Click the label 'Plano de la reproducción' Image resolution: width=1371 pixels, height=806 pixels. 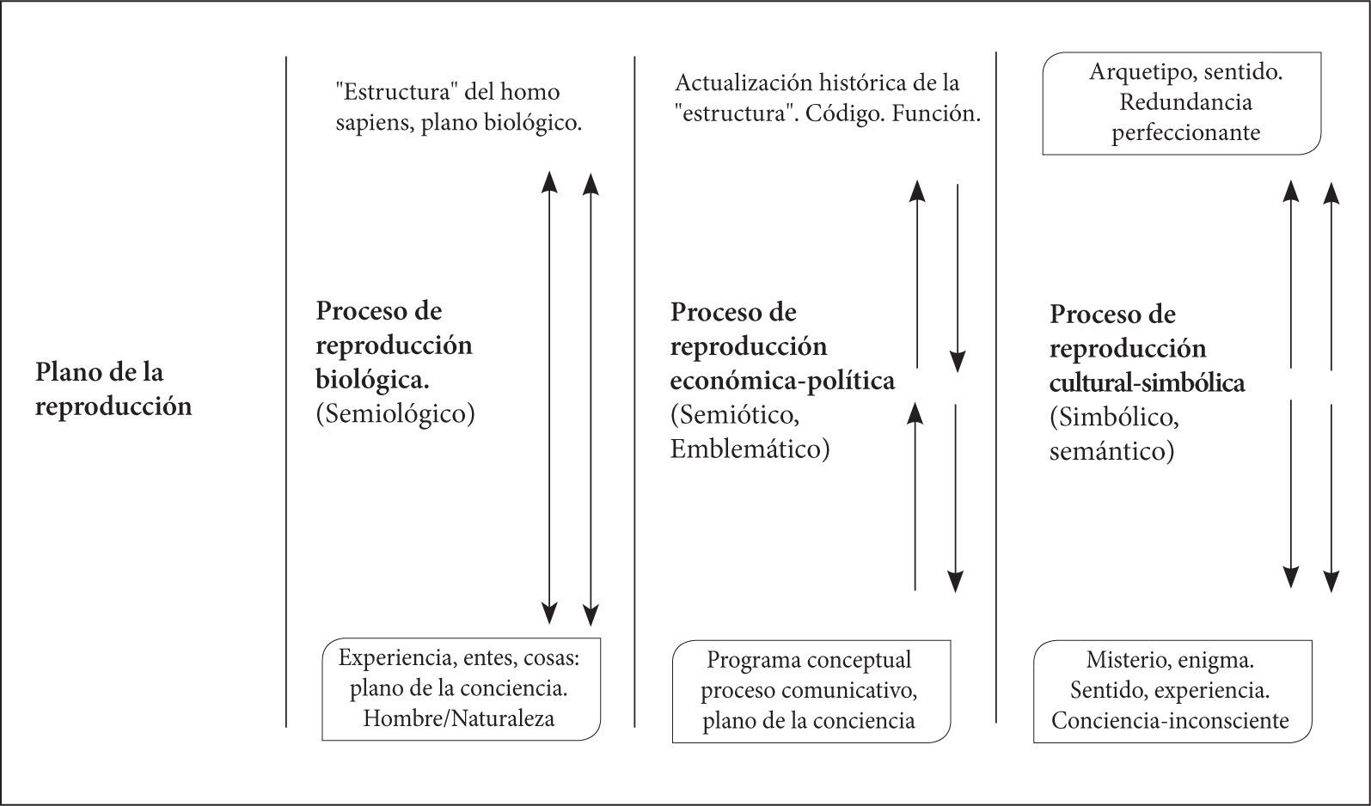113,389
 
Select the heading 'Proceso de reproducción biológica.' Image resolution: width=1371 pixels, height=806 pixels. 394,345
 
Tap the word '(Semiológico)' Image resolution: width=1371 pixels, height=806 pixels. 395,413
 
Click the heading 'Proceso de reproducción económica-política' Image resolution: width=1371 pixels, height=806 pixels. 782,345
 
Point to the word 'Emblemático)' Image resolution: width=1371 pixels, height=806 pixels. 750,449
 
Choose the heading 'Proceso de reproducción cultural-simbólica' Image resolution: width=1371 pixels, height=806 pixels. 1147,348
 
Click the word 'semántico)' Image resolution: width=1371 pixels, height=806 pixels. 1111,451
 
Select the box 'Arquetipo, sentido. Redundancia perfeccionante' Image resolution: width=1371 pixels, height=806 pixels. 1182,103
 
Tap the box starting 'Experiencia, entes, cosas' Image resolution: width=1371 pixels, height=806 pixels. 461,689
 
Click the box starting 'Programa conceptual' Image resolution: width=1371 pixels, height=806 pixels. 811,691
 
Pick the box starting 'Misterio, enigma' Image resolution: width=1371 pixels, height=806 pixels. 1172,691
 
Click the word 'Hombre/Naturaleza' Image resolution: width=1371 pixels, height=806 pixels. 459,718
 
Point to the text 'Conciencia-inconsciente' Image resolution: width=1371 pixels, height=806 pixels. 1170,720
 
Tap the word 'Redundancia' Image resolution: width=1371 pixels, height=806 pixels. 1185,102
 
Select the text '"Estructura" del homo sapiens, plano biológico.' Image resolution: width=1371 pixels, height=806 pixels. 459,107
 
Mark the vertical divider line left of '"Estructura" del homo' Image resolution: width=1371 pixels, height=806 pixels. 286,391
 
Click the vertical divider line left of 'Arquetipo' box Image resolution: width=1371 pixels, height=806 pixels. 995,387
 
